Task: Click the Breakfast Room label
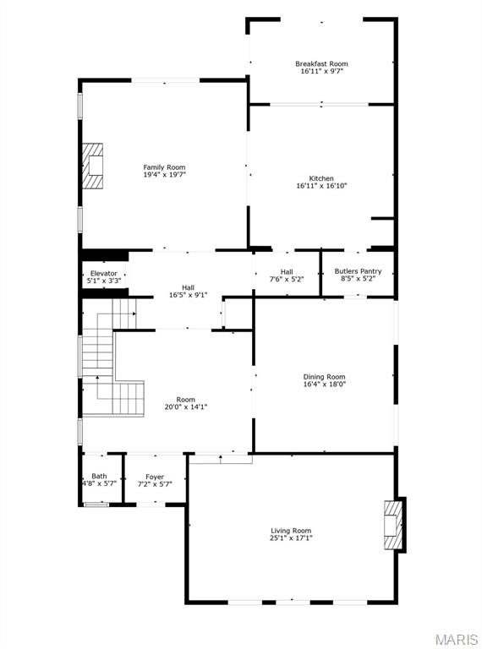coord(321,63)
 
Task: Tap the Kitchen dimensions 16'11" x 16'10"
coord(321,186)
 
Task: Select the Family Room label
coord(164,166)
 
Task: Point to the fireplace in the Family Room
coord(93,167)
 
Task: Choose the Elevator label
coord(104,273)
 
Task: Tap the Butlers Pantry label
coord(359,271)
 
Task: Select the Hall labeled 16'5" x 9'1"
coord(188,287)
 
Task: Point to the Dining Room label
coord(325,377)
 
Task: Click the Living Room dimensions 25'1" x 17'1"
coord(291,538)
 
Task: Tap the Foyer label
coord(155,477)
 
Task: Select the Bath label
coord(99,477)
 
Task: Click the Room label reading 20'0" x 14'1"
coord(185,400)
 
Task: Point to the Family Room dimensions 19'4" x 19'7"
coord(164,175)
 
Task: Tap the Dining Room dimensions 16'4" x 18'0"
coord(325,385)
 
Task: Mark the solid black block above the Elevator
coord(104,255)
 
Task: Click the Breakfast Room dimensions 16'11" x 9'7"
coord(321,72)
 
